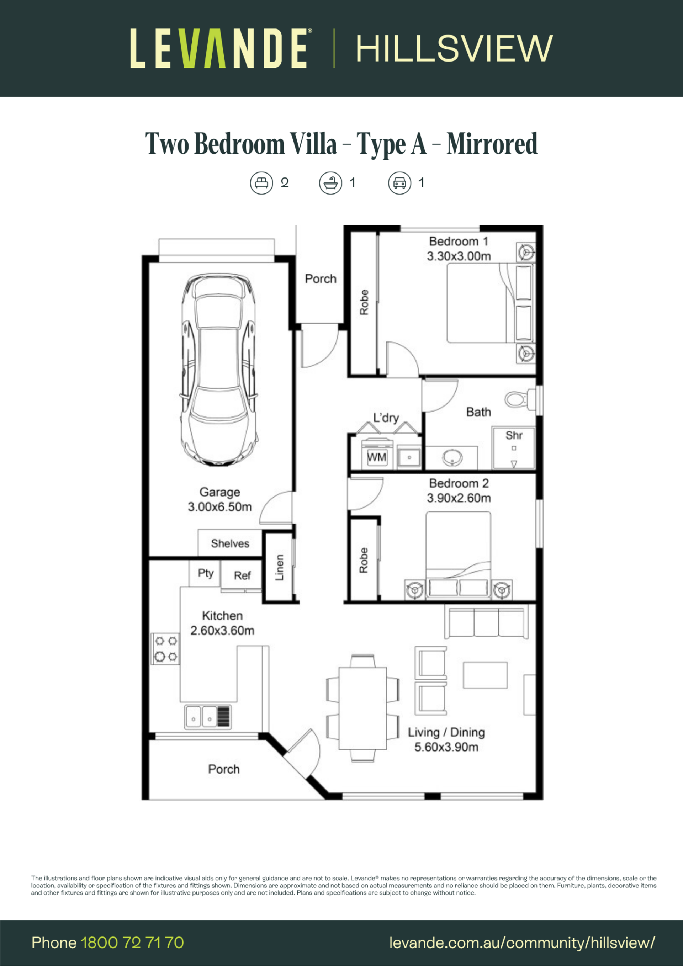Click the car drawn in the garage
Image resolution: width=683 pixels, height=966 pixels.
(218, 370)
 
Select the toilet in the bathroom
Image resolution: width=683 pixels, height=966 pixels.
(520, 398)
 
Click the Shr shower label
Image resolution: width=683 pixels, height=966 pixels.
(514, 435)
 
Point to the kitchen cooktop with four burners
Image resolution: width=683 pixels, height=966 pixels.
(165, 648)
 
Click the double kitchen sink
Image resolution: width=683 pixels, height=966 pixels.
(208, 717)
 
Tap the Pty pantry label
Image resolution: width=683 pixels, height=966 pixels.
(206, 573)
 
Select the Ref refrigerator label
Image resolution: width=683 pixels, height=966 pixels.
(242, 575)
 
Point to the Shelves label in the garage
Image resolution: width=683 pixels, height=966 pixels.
(230, 543)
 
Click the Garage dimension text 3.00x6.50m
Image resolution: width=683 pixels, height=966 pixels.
(220, 506)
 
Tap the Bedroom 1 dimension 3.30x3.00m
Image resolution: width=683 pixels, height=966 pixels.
(459, 256)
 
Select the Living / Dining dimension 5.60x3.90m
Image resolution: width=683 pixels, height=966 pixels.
(446, 747)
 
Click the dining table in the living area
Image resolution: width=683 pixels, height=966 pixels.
(363, 708)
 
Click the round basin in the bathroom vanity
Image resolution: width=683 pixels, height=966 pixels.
(453, 457)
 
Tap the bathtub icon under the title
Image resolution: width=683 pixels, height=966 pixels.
(330, 183)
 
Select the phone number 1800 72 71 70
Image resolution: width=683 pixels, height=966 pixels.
(132, 943)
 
